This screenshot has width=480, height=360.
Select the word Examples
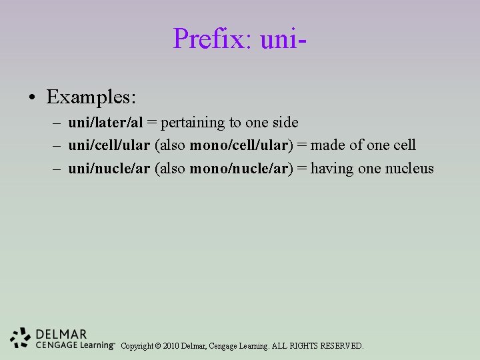[91, 97]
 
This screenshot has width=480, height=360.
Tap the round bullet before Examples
[32, 98]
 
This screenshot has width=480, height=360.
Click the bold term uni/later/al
[106, 123]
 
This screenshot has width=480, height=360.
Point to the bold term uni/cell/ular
[109, 145]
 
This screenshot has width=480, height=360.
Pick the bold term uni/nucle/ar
[109, 168]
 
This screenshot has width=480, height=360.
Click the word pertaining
[193, 123]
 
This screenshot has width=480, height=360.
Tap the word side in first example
[285, 123]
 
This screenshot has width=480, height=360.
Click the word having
[332, 168]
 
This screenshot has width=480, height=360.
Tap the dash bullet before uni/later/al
[56, 123]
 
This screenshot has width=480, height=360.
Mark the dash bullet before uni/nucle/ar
[56, 169]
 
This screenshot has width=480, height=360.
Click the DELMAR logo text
[62, 334]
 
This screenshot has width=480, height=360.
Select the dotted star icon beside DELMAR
[21, 338]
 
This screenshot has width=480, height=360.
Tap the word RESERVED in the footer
[342, 346]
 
